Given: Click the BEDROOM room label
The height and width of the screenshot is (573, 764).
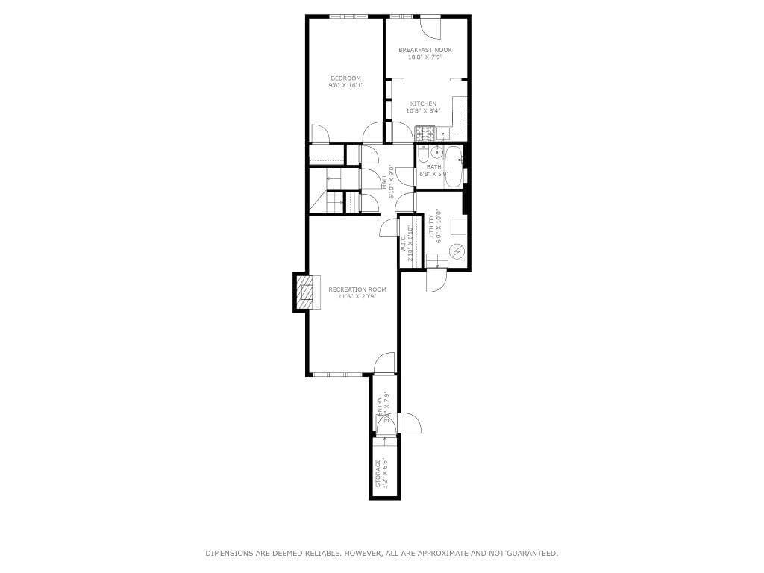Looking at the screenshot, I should point(345,78).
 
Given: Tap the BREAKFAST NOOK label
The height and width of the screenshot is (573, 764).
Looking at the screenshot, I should point(425,50).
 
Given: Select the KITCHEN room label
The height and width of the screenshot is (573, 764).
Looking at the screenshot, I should point(423,104).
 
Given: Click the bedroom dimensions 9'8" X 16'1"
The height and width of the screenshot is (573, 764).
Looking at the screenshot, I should point(345,86).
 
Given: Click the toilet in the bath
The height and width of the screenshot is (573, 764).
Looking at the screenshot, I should point(423,155).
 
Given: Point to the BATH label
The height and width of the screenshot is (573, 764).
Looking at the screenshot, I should point(433,167).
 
